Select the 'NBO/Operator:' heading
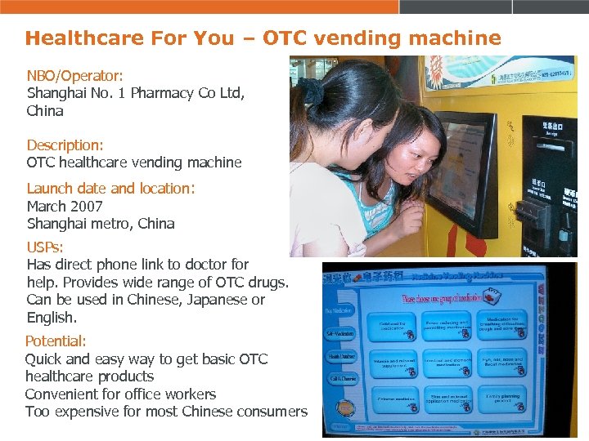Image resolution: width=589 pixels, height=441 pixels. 74,75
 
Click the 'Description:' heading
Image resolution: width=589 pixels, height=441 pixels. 65,145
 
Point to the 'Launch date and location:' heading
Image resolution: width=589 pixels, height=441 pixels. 110,188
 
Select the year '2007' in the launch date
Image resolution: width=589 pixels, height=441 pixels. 86,206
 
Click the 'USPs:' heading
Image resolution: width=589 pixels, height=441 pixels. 45,246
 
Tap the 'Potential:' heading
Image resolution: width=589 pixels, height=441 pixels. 55,341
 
